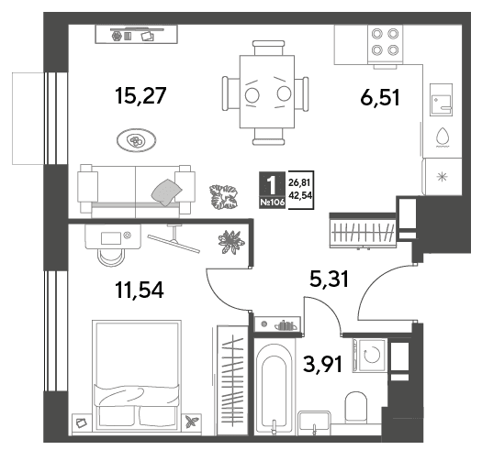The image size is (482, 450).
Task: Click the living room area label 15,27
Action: click(140, 95)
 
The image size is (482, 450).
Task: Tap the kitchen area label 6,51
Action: click(380, 97)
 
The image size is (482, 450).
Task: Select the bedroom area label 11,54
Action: click(140, 291)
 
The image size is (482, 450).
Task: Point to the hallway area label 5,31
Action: click(330, 279)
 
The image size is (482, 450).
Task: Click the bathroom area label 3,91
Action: click(322, 364)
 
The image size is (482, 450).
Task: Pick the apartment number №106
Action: click(273, 203)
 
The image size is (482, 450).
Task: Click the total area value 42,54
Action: click(300, 195)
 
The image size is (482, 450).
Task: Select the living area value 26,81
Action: click(299, 183)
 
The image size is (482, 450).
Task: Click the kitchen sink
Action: click(441, 100)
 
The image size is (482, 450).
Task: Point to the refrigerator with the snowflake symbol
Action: click(443, 177)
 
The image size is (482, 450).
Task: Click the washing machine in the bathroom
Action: click(369, 356)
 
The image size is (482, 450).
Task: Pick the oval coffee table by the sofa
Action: click(136, 140)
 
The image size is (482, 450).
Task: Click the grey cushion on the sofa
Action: click(167, 192)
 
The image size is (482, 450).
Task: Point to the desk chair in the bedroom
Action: click(111, 257)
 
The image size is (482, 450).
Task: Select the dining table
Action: click(267, 92)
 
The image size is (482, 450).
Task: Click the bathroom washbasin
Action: click(314, 423)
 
